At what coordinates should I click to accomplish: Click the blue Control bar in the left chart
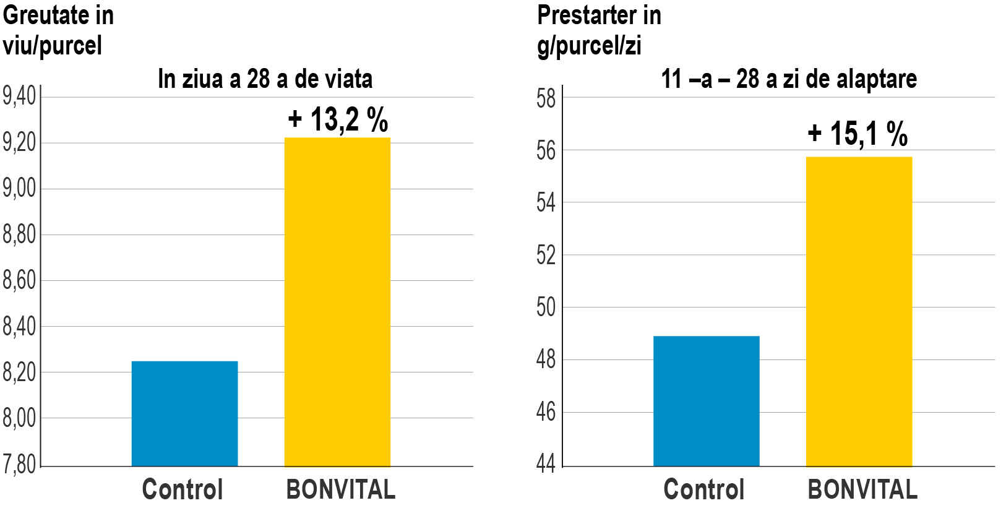(x=184, y=413)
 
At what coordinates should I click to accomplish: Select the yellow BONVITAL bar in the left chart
(x=337, y=302)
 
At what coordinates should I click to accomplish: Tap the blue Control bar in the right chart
(x=706, y=401)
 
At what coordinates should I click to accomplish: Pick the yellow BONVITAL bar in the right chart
(x=859, y=311)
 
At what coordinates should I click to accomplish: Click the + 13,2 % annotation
(x=338, y=119)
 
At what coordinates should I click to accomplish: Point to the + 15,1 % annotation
(x=858, y=134)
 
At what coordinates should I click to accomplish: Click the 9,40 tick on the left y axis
(x=19, y=97)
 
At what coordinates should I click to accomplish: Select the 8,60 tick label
(x=19, y=280)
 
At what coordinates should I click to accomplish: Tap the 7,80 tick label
(x=19, y=464)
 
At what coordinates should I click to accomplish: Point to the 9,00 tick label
(x=19, y=189)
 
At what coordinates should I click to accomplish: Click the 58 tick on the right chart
(x=546, y=98)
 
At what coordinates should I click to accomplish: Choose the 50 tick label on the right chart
(x=546, y=308)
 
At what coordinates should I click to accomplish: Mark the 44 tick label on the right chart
(x=546, y=463)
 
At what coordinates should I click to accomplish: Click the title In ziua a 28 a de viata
(x=265, y=79)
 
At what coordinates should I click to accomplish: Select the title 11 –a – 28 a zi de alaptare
(x=789, y=79)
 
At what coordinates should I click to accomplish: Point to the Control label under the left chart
(x=182, y=489)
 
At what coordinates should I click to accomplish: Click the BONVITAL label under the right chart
(x=862, y=489)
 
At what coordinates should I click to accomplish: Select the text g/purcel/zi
(x=589, y=46)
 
